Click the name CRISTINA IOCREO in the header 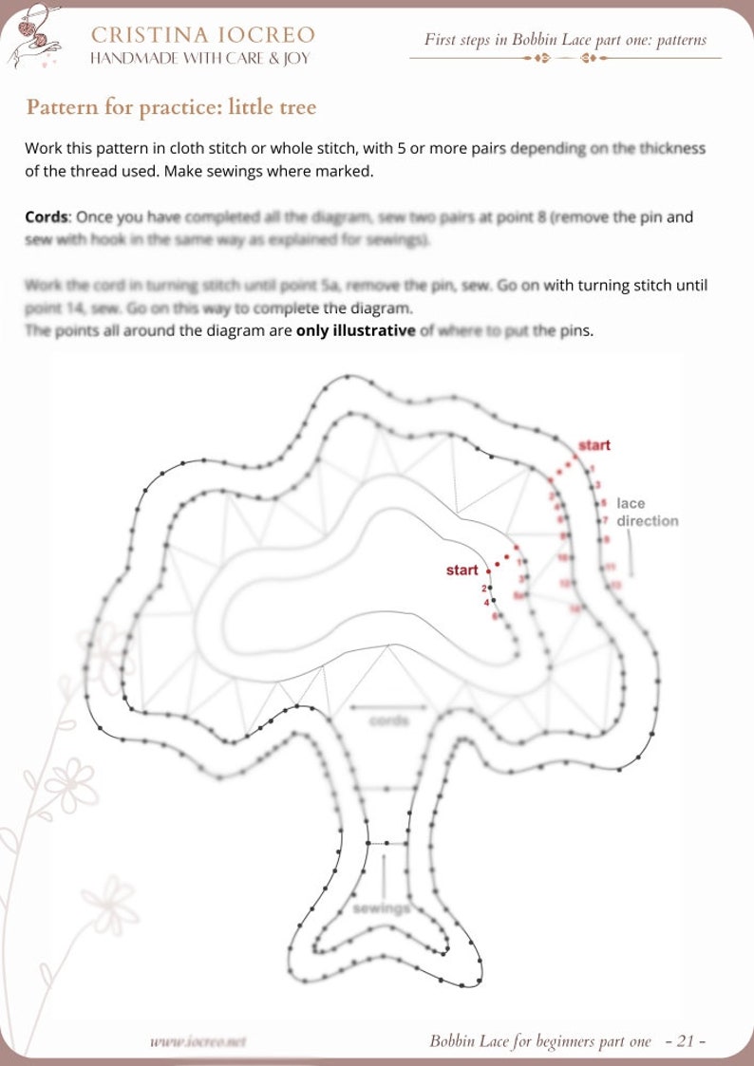point(202,35)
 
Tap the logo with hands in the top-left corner point(34,36)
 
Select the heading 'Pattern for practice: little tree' point(171,106)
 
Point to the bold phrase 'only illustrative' point(355,331)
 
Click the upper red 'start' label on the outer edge point(594,444)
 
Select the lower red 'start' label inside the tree point(462,570)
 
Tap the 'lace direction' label point(647,513)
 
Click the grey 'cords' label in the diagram point(388,721)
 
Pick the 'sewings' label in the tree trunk point(381,908)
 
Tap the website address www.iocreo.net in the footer point(198,1041)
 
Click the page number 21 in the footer point(686,1041)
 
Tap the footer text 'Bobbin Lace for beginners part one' point(540,1041)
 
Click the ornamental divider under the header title point(565,59)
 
